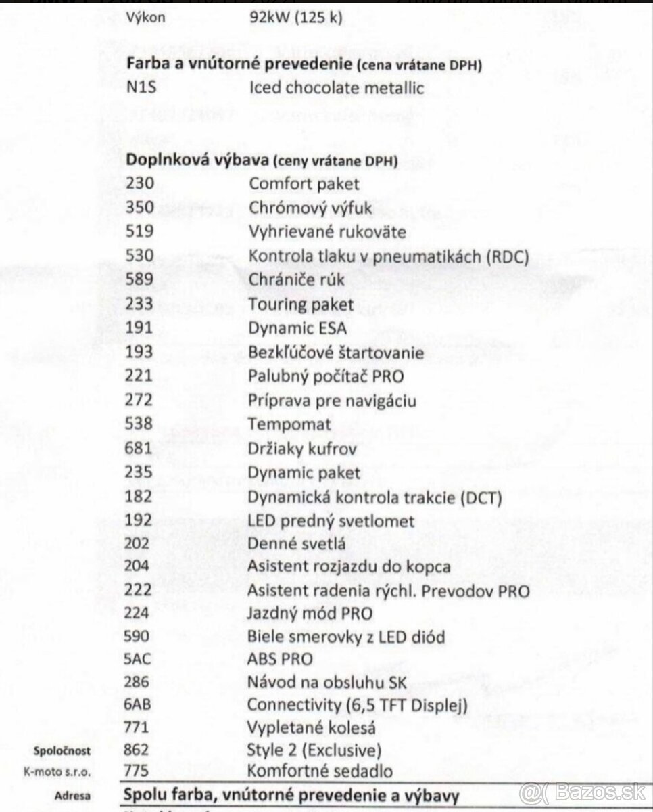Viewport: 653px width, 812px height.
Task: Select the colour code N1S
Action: (141, 88)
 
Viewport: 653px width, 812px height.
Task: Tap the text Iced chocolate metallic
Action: (336, 88)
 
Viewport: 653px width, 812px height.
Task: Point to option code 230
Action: (140, 183)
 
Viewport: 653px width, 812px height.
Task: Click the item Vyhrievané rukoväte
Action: (327, 231)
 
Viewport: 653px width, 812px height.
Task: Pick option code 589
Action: (140, 280)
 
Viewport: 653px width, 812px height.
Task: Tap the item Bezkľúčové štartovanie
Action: (336, 353)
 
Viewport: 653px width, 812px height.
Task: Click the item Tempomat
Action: (290, 424)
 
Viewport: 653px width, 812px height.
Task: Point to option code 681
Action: (140, 449)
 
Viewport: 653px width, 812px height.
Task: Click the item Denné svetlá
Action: (297, 545)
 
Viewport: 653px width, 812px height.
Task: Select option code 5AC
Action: (140, 658)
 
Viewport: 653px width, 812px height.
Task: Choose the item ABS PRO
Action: (281, 658)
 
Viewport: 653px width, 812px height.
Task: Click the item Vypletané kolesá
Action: (312, 728)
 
